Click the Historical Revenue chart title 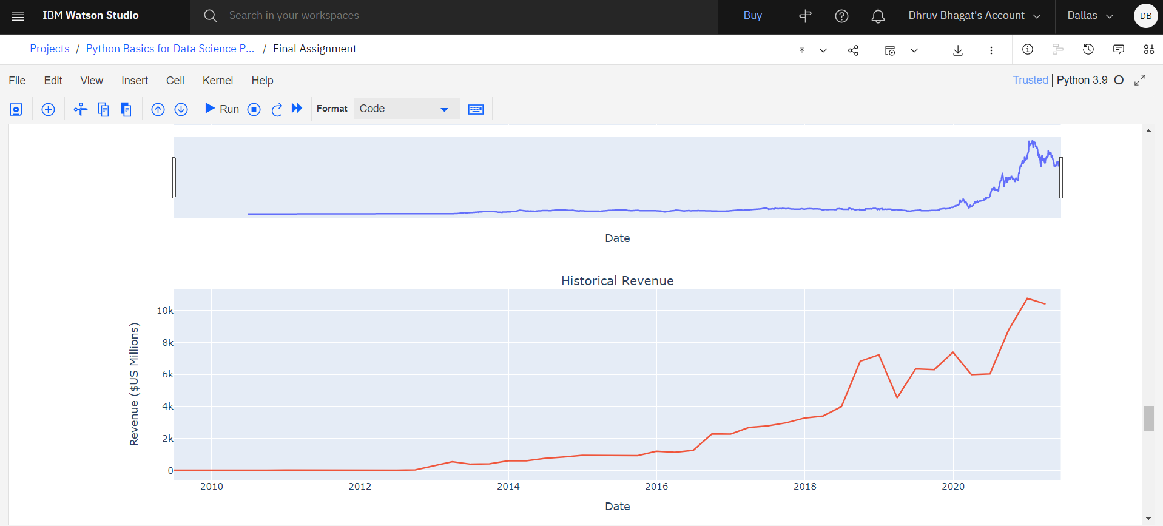(x=617, y=281)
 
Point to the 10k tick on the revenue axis (x=165, y=311)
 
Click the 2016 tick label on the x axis (x=656, y=486)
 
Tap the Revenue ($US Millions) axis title (x=134, y=384)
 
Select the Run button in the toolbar (x=223, y=109)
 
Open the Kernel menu (x=217, y=81)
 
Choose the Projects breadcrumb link (x=50, y=49)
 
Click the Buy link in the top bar (x=752, y=16)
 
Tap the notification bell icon (x=877, y=16)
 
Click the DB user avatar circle (x=1145, y=16)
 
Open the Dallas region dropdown (x=1090, y=16)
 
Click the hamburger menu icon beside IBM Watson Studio (x=18, y=16)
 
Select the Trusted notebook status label (x=1030, y=80)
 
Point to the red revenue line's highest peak (x=1027, y=298)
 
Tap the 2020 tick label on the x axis (x=953, y=486)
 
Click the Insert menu (x=134, y=81)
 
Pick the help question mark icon (x=841, y=16)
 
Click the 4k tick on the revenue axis (x=167, y=406)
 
